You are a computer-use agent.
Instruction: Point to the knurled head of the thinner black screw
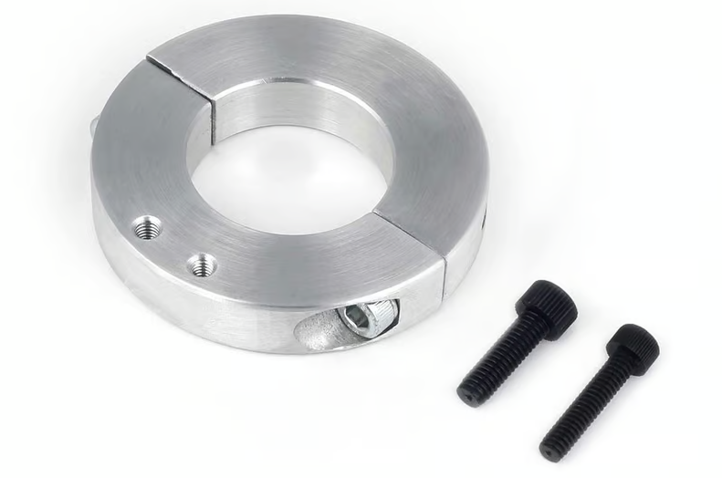631,348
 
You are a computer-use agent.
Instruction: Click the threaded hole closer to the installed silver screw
202,265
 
